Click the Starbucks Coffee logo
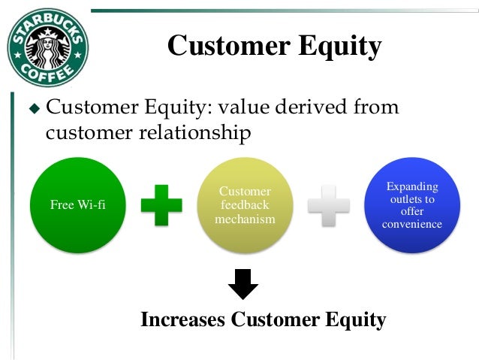[x=48, y=47]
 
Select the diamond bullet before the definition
[x=32, y=109]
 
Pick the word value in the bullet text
[x=249, y=107]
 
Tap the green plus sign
[x=161, y=204]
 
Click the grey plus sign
[x=328, y=204]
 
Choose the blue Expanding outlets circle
[x=411, y=204]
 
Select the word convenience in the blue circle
[x=411, y=224]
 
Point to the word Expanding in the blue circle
[x=411, y=186]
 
